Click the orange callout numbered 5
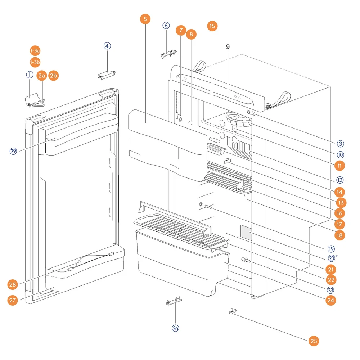[x=145, y=19]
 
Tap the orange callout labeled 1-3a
[x=35, y=50]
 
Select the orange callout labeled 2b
[x=54, y=75]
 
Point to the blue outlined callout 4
[x=107, y=46]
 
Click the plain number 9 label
[x=228, y=47]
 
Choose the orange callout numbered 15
[x=212, y=26]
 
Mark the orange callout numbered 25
[x=314, y=341]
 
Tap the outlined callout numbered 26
[x=175, y=328]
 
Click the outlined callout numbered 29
[x=13, y=151]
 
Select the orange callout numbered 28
[x=12, y=285]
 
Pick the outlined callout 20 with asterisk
[x=332, y=258]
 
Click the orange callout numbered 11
[x=339, y=166]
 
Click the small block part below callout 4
[x=107, y=75]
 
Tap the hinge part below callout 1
[x=35, y=100]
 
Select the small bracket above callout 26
[x=174, y=301]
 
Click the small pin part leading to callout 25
[x=233, y=311]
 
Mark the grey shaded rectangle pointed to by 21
[x=246, y=233]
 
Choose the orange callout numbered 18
[x=339, y=235]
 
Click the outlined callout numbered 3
[x=340, y=144]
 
